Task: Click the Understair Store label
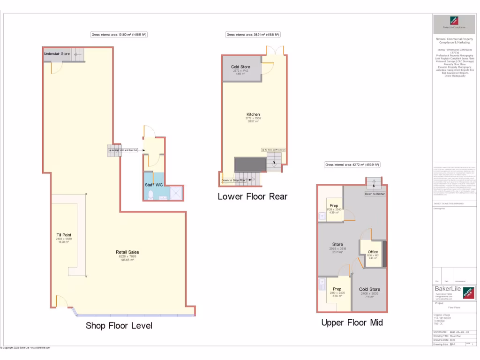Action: point(57,54)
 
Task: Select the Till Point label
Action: point(63,235)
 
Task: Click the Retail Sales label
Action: point(127,252)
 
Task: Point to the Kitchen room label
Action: point(253,114)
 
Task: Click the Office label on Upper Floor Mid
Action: point(373,252)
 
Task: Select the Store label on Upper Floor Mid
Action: point(337,244)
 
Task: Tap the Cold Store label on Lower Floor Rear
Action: point(240,67)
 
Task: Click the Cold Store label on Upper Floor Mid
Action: point(370,289)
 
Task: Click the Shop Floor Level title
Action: point(119,325)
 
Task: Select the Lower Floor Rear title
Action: point(252,196)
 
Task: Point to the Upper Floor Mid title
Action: point(352,322)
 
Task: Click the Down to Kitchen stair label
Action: point(375,194)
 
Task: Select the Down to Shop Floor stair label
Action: point(233,180)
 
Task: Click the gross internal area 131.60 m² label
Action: point(119,35)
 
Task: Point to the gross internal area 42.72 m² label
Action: point(352,165)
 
